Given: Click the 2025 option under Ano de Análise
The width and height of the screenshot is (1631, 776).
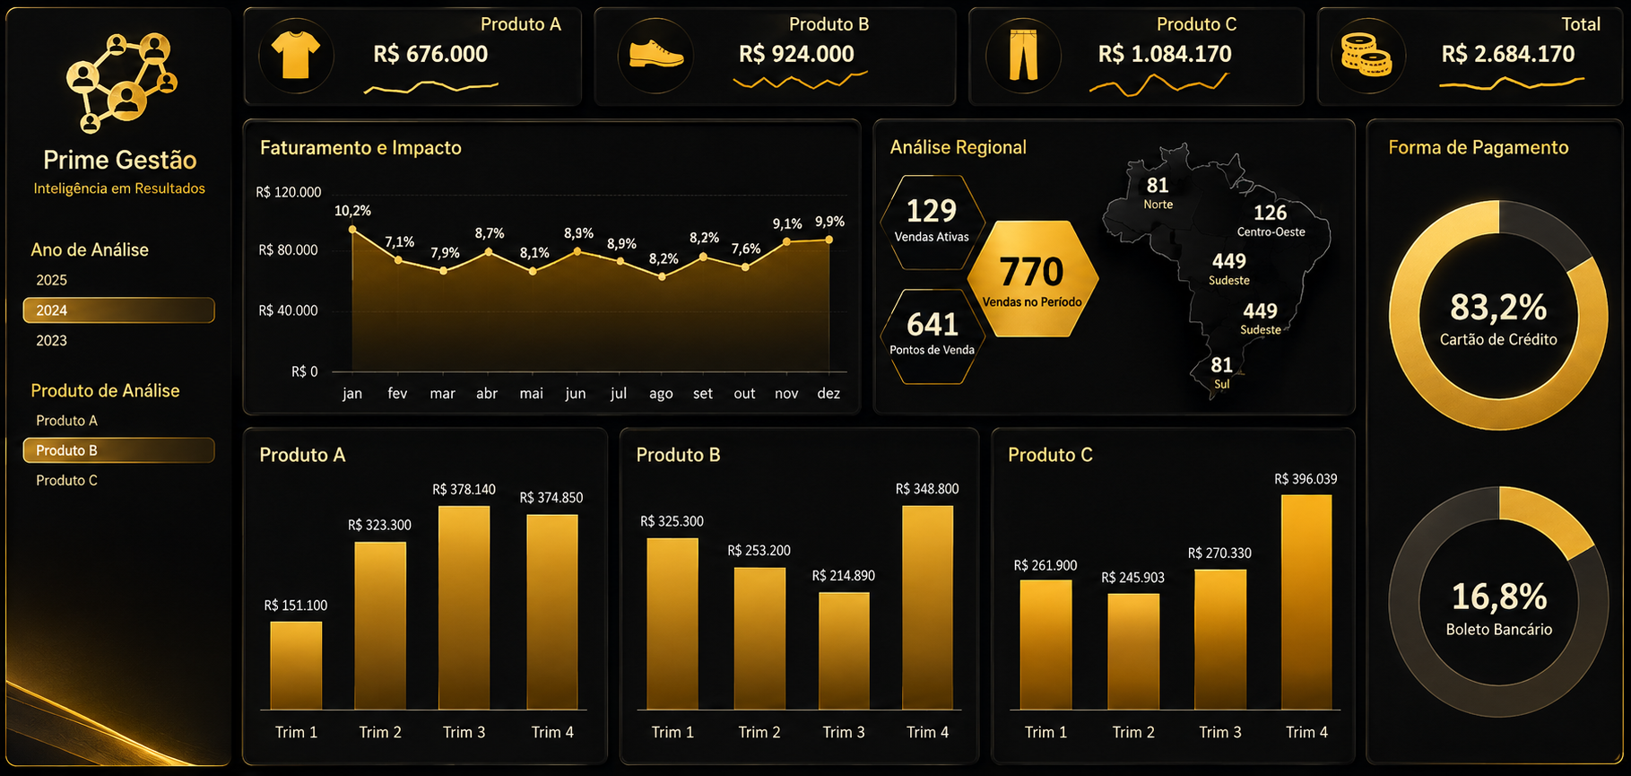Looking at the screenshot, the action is point(51,280).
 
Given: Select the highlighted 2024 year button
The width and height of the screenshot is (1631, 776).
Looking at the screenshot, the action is point(118,310).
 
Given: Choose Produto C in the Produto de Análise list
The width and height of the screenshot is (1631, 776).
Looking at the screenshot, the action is point(66,481).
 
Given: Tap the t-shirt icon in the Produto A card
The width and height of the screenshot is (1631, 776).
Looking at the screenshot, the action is point(296,56).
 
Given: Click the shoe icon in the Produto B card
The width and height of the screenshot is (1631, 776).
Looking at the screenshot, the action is point(655,55).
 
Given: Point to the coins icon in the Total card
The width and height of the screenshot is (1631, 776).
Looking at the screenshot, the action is point(1366,55).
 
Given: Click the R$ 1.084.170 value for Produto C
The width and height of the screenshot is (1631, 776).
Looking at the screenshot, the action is point(1165,54).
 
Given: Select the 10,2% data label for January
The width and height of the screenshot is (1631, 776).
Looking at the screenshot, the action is point(352,211).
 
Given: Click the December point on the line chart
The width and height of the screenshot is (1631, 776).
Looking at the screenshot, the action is point(829,240).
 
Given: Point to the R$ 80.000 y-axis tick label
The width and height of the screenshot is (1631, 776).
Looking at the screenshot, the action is point(288,250).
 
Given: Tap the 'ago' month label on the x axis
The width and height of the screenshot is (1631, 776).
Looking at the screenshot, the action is point(661,394).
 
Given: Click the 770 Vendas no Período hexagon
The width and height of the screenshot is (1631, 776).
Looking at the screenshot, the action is point(1032,279).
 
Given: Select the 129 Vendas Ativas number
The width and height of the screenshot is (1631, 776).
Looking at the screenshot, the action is point(932,211).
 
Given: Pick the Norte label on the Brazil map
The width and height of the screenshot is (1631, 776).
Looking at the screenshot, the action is point(1158,205).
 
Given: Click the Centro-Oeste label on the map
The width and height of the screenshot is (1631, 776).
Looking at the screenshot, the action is point(1271,231).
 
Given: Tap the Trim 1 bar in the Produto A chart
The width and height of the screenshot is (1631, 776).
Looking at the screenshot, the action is point(296,666).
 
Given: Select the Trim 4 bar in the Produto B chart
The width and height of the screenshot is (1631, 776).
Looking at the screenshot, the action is point(927,607).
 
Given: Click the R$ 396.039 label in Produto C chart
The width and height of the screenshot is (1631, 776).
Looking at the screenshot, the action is point(1306,479).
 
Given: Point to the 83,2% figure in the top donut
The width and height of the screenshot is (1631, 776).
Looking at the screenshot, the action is point(1498,308).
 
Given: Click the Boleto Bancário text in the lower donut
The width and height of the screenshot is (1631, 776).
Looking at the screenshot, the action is point(1498,630).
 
